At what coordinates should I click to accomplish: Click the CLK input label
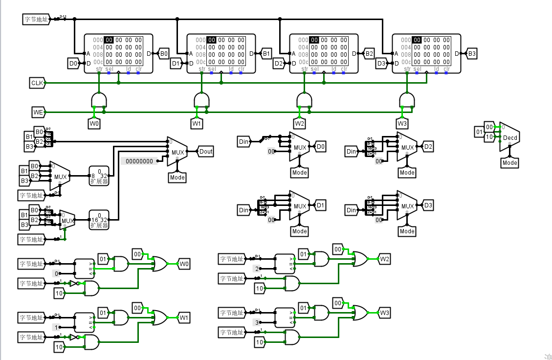[37, 83]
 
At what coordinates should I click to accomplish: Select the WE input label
[38, 112]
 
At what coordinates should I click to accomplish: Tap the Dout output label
[205, 152]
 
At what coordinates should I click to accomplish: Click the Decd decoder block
[510, 137]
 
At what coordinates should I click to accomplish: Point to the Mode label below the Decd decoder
[509, 163]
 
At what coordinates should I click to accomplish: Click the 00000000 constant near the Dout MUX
[139, 161]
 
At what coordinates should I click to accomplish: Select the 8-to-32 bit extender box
[99, 176]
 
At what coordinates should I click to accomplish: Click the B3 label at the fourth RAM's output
[471, 54]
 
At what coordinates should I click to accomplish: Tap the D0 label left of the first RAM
[73, 64]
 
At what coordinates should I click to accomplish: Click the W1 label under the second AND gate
[197, 124]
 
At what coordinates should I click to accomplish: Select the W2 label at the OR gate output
[385, 259]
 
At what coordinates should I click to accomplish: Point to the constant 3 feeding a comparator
[256, 322]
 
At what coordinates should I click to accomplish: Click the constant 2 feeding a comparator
[256, 269]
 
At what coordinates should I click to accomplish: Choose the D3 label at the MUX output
[428, 205]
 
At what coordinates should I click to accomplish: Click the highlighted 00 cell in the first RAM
[109, 40]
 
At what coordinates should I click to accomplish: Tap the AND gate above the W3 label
[407, 100]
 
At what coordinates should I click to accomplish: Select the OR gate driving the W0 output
[159, 264]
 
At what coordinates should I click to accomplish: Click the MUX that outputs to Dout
[177, 152]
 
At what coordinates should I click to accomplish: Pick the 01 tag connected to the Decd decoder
[479, 132]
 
